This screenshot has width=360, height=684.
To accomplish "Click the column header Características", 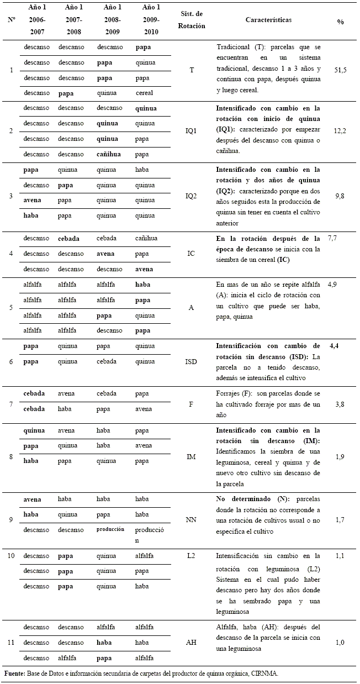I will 268,20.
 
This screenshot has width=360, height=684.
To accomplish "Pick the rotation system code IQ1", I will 191,131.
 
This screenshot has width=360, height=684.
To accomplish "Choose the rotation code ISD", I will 191,361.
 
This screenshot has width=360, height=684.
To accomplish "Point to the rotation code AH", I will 191,643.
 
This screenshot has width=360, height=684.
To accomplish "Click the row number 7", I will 11,401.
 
